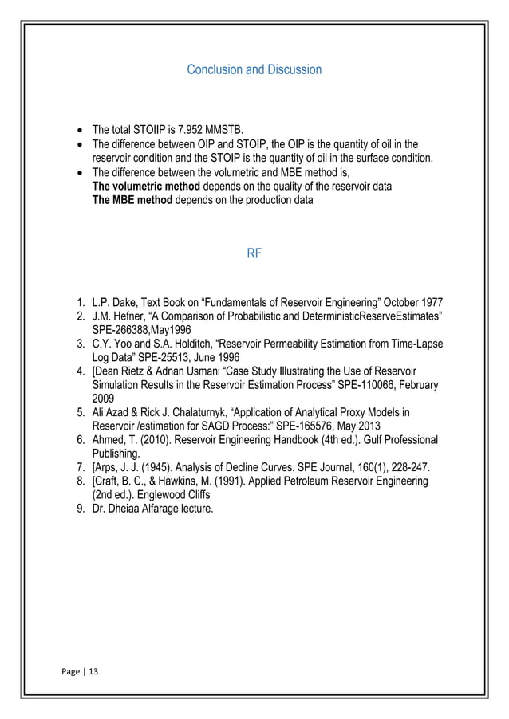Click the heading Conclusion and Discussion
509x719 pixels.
(254, 70)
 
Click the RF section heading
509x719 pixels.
(254, 256)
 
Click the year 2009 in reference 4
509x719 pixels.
(104, 399)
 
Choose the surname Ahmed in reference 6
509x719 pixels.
(109, 441)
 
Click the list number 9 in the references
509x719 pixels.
(80, 509)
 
